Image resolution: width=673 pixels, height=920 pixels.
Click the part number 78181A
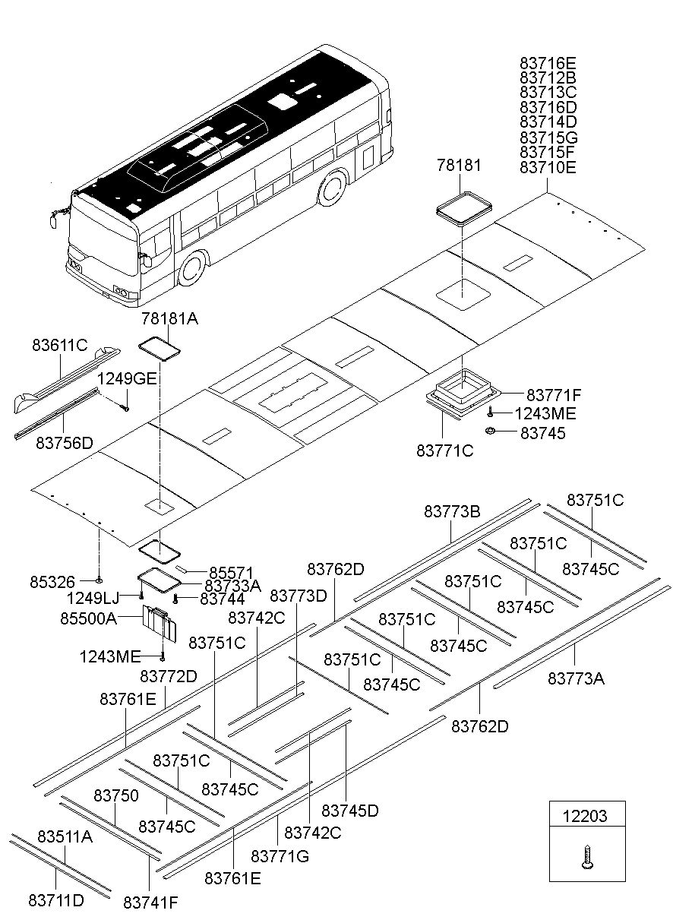pos(169,319)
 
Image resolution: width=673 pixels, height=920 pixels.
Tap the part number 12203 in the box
pos(585,816)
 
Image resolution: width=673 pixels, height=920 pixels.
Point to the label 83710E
pos(548,167)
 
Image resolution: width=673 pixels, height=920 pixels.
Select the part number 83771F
pos(553,395)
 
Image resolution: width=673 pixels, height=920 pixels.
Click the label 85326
pos(52,582)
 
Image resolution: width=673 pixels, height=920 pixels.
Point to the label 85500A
pos(88,618)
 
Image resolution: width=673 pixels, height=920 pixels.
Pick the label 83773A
pos(576,678)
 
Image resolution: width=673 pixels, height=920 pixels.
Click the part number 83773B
pos(452,512)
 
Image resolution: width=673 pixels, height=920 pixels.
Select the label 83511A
pos(65,837)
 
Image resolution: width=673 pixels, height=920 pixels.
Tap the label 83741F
pos(150,903)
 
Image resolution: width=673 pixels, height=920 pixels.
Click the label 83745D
pos(350,811)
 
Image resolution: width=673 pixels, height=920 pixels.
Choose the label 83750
pos(116,795)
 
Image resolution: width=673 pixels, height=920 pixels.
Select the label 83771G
pos(280,856)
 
